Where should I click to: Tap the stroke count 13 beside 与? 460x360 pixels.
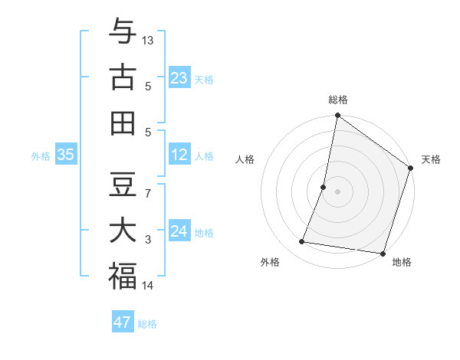[x=148, y=40]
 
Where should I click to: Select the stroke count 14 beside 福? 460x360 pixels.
[x=148, y=286]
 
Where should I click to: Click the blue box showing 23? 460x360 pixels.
[x=179, y=77]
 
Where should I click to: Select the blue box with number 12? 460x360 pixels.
[x=179, y=155]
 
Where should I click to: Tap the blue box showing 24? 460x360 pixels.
[x=179, y=231]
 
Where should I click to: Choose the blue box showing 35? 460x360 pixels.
[x=66, y=155]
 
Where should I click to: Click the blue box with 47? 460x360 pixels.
[x=123, y=322]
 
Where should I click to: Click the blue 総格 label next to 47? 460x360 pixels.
[x=147, y=324]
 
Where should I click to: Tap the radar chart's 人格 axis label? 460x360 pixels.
[x=245, y=159]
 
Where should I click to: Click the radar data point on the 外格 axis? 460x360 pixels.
[x=302, y=242]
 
